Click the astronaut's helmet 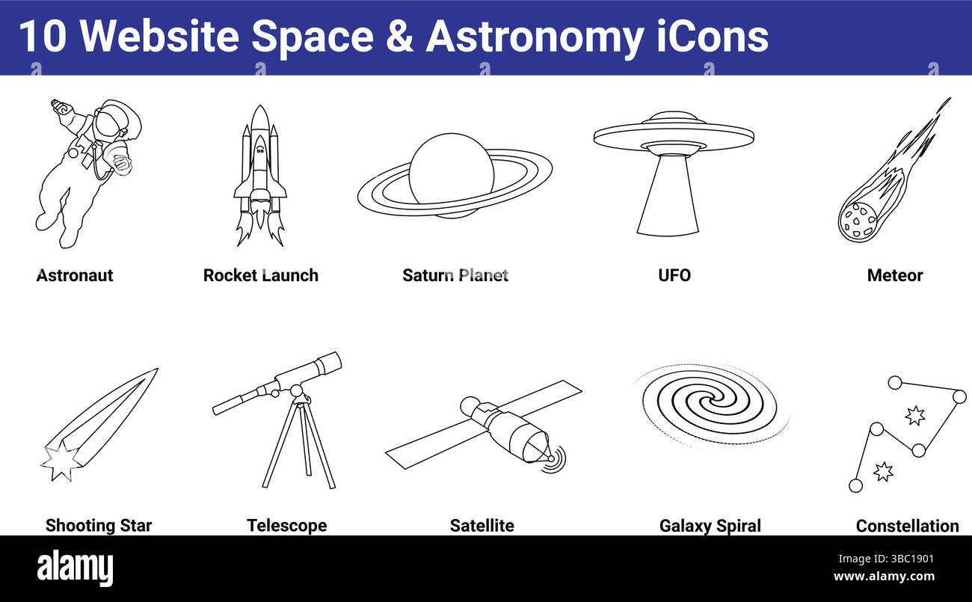(x=114, y=121)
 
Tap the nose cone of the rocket (x=259, y=117)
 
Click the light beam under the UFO (x=667, y=196)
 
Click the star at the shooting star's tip (x=60, y=461)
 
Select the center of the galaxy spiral (x=709, y=405)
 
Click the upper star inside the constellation (x=914, y=415)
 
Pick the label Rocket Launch (x=260, y=275)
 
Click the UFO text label (x=674, y=275)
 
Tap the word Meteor (x=894, y=275)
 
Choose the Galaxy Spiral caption (x=710, y=526)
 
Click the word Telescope (x=286, y=526)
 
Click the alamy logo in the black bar (x=75, y=568)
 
